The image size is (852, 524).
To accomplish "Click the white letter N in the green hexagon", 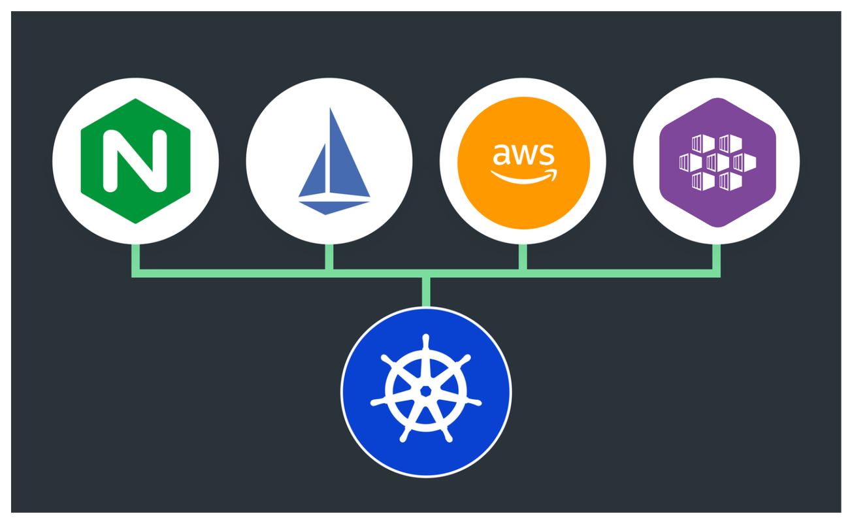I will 135,161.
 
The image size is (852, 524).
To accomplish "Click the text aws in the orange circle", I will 523,155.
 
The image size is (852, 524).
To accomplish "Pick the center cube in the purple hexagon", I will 717,161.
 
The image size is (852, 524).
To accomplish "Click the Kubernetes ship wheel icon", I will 426,391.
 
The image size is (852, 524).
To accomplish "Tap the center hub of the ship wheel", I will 426,391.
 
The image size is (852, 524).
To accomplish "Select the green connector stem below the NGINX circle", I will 136,256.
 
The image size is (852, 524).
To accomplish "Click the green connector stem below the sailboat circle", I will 329,256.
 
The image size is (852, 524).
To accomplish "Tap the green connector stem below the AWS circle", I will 523,256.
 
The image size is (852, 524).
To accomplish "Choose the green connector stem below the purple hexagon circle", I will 716,256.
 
